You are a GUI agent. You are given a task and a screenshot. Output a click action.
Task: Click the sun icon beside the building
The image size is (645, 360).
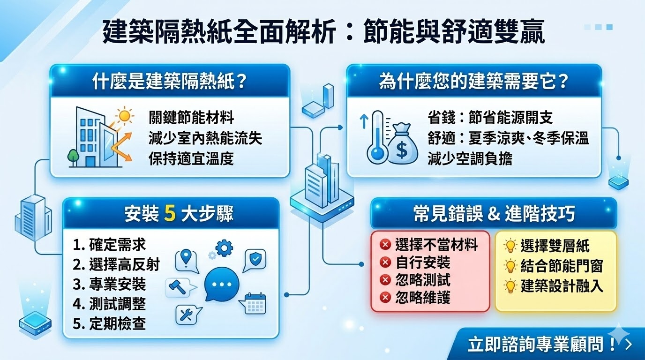pyautogui.click(x=125, y=115)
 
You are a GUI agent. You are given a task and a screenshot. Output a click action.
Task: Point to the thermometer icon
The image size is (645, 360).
pyautogui.click(x=376, y=139)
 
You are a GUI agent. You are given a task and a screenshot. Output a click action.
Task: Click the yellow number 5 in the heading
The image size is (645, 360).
pyautogui.click(x=171, y=214)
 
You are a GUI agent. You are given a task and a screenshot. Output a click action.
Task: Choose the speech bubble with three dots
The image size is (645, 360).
pyautogui.click(x=222, y=284)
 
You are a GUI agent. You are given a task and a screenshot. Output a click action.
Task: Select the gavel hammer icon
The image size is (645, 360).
pyautogui.click(x=180, y=286)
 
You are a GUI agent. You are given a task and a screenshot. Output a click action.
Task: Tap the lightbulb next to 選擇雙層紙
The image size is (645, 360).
pyautogui.click(x=510, y=246)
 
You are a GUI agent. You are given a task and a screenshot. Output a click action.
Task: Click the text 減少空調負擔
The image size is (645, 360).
pyautogui.click(x=470, y=158)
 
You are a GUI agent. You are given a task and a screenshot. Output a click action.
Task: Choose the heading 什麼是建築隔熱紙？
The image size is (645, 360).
pyautogui.click(x=170, y=81)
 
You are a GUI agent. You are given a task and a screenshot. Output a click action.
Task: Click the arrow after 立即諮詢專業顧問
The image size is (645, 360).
pyautogui.click(x=629, y=345)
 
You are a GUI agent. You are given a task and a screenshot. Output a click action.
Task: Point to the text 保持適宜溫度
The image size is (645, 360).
pyautogui.click(x=191, y=158)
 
